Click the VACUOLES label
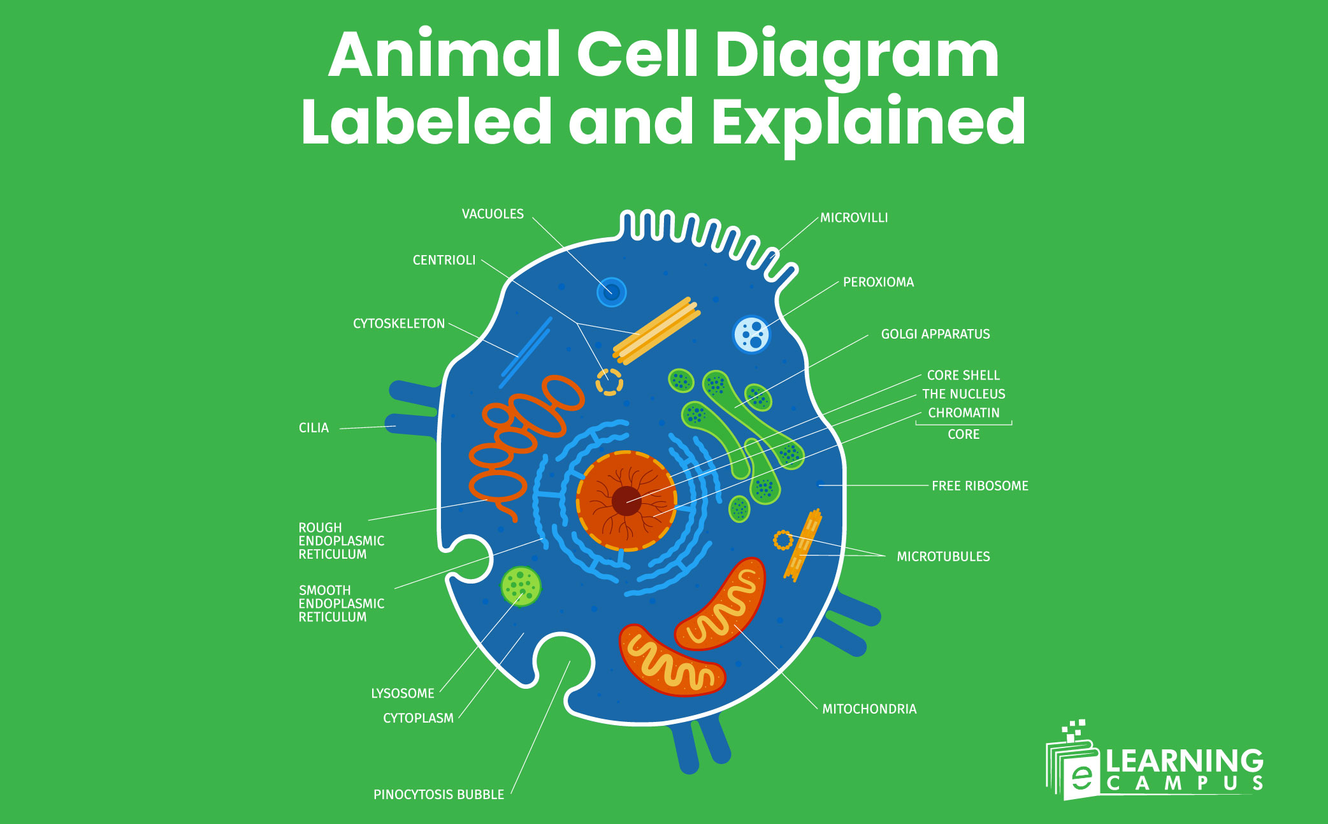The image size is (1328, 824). coord(493,214)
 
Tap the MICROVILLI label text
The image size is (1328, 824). coord(854,218)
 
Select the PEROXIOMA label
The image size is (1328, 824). coord(878,283)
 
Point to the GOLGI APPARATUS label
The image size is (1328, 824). coord(935,334)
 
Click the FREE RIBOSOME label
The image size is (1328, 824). coord(979,486)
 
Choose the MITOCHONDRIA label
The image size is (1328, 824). coord(869,709)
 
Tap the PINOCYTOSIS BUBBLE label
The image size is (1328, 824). coord(438,795)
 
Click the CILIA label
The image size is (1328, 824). coord(314,428)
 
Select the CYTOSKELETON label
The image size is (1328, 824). coord(399,324)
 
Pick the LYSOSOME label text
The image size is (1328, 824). coord(403,693)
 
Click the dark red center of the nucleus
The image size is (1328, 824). coord(626,501)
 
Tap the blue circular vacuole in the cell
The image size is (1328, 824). coord(612,292)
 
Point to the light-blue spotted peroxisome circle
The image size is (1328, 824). coord(752,334)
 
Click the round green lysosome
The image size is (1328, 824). coord(521,586)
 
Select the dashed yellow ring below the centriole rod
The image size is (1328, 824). coord(609,382)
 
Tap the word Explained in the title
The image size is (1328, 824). coord(869,122)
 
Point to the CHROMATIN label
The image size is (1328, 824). coord(964,413)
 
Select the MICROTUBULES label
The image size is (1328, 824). coord(943,557)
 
